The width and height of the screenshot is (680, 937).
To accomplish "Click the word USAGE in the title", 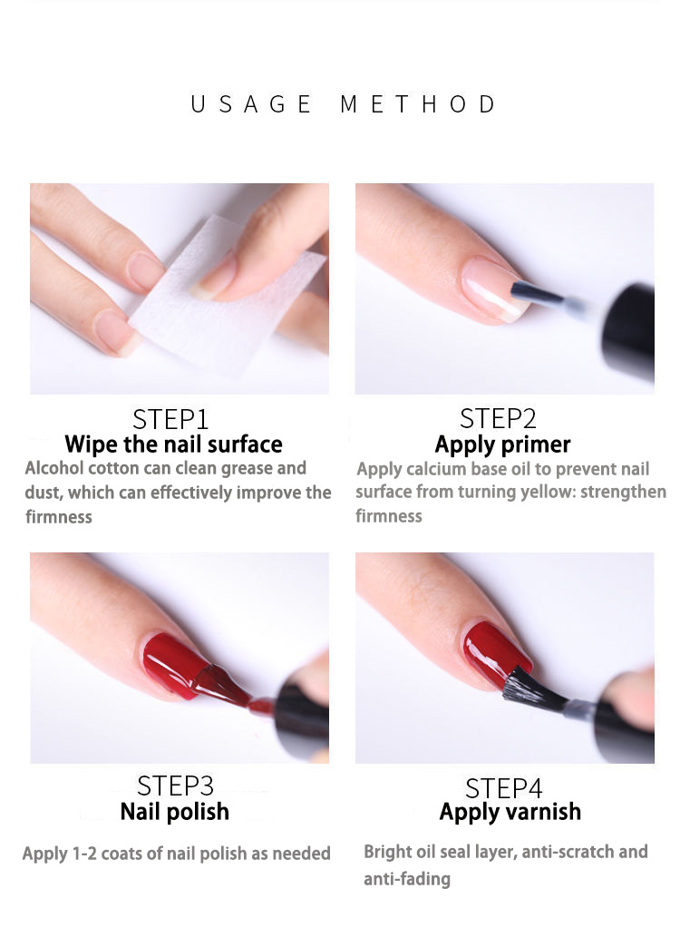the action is pyautogui.click(x=251, y=104).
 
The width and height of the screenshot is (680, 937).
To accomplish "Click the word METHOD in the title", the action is pyautogui.click(x=418, y=104).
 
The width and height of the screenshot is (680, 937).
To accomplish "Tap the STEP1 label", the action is pyautogui.click(x=170, y=419).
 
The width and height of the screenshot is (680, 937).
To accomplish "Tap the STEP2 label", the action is pyautogui.click(x=498, y=419).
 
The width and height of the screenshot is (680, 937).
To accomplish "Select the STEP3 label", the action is pyautogui.click(x=175, y=786).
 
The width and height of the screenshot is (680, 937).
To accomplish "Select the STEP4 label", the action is pyautogui.click(x=504, y=789).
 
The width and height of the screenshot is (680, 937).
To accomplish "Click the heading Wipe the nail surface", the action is pyautogui.click(x=173, y=444).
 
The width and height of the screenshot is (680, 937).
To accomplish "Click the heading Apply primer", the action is pyautogui.click(x=502, y=445).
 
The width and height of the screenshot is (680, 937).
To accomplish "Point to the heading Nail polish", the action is pyautogui.click(x=174, y=812).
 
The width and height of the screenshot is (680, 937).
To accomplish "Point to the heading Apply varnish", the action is pyautogui.click(x=510, y=812).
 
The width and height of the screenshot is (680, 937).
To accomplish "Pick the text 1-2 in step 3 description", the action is pyautogui.click(x=84, y=854).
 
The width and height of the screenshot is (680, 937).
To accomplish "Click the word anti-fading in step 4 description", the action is pyautogui.click(x=407, y=879).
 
